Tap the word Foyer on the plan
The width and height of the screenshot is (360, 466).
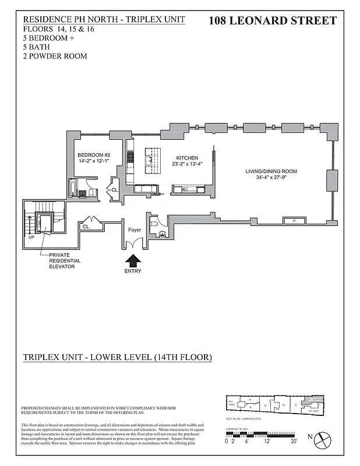(x=135, y=230)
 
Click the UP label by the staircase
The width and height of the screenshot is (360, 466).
(x=31, y=238)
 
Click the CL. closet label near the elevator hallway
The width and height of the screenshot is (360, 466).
(x=87, y=226)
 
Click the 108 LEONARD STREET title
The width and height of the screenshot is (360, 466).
(x=272, y=21)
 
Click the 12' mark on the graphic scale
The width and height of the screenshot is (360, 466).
(x=267, y=441)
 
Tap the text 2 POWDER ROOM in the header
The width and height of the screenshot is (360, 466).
(x=55, y=56)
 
